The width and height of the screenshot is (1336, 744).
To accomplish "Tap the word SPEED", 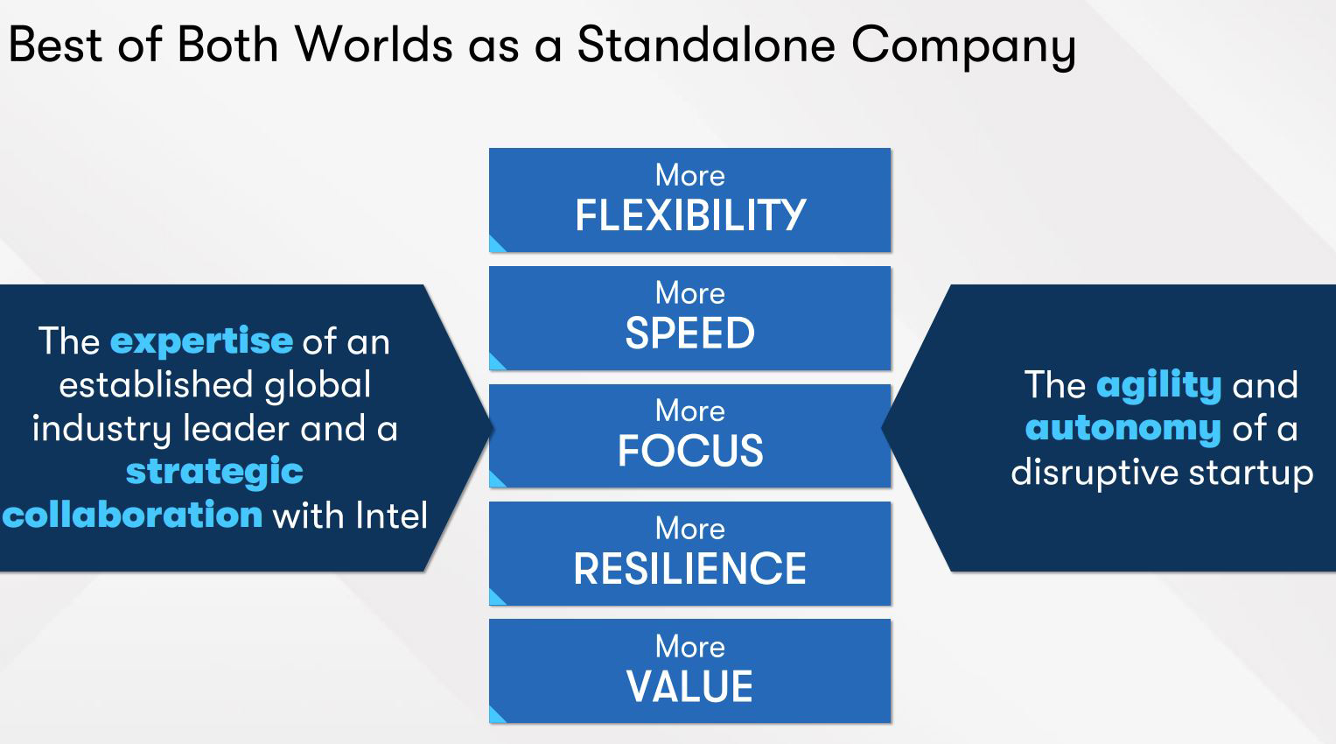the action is [690, 333].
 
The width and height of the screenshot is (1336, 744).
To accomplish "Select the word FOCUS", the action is [690, 451].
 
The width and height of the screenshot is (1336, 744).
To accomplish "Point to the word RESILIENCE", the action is [690, 568].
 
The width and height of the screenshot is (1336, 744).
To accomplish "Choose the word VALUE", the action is [690, 686].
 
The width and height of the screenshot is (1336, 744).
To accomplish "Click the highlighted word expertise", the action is [201, 342].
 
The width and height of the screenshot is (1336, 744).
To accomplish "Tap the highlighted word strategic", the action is [214, 473].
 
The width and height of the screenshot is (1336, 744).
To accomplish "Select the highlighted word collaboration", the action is [132, 515].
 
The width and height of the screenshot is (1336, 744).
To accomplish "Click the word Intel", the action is [391, 515].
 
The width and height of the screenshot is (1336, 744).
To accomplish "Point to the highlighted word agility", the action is [1159, 385].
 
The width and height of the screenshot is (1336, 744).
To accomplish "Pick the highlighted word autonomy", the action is [1123, 429].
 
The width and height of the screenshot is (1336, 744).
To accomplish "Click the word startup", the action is [1251, 474].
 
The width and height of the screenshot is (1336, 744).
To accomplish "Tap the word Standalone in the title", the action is [706, 45].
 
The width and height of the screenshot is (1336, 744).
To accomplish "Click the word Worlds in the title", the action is [374, 45].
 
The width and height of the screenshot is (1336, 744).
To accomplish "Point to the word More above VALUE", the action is [690, 646].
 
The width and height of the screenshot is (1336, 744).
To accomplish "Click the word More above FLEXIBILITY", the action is [690, 175].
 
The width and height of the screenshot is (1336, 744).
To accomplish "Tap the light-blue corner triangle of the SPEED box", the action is [495, 363].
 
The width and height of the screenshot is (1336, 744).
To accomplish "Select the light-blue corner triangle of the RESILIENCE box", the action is [495, 599].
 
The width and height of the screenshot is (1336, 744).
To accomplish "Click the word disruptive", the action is [1095, 474].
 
